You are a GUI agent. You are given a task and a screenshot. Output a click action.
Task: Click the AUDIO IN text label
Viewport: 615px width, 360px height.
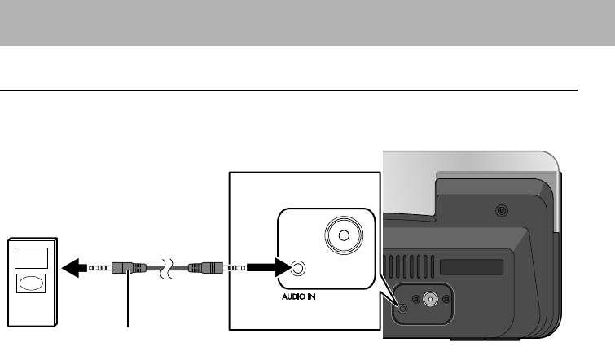[292, 297]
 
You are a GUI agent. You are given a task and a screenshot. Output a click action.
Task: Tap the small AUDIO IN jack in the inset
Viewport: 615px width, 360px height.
[299, 267]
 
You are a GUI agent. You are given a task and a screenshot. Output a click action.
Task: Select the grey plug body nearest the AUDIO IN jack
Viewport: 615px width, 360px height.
[205, 267]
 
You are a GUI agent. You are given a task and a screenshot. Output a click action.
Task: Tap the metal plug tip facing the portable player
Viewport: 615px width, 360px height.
[100, 267]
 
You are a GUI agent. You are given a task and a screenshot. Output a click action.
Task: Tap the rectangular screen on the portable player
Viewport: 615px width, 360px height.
[31, 257]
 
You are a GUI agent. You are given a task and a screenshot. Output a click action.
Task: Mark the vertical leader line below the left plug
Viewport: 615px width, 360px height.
[129, 302]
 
